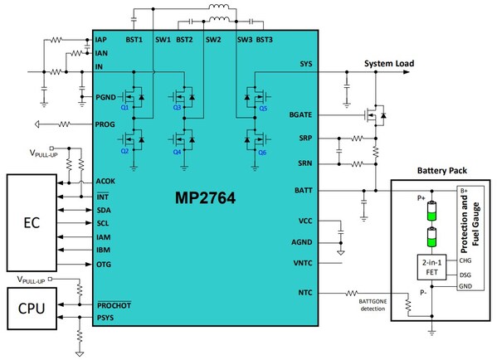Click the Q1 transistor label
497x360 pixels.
click(x=124, y=108)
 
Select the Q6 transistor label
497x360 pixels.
click(x=263, y=153)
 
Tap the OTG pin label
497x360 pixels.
click(x=103, y=265)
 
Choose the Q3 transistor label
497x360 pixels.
click(x=177, y=108)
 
